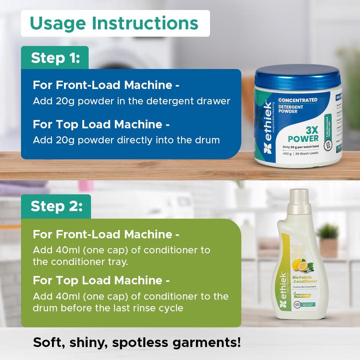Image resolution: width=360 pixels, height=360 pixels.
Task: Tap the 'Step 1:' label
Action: pos(55,58)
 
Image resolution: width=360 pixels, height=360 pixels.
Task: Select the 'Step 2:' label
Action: pos(56,206)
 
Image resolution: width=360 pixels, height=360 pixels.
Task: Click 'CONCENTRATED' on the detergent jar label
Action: pos(298,100)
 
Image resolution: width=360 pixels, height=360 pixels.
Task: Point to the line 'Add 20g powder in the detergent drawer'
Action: pos(131,101)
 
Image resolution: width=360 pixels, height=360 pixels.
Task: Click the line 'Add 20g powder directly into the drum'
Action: pos(126,140)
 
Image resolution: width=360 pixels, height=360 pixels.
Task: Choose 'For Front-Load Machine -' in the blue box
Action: pos(106,85)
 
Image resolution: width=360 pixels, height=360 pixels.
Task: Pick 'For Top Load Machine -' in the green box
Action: pos(101,281)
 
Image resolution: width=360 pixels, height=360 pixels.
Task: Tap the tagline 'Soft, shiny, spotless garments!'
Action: pos(137,342)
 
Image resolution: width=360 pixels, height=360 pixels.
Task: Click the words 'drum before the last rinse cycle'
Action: pos(108,308)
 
